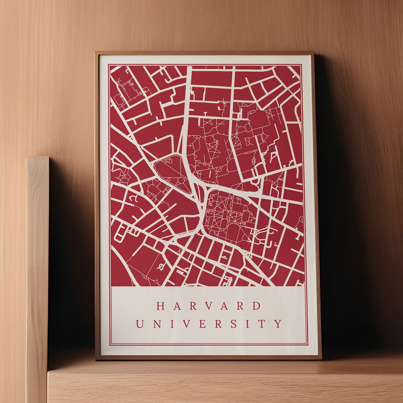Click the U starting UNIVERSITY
pos(140,324)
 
